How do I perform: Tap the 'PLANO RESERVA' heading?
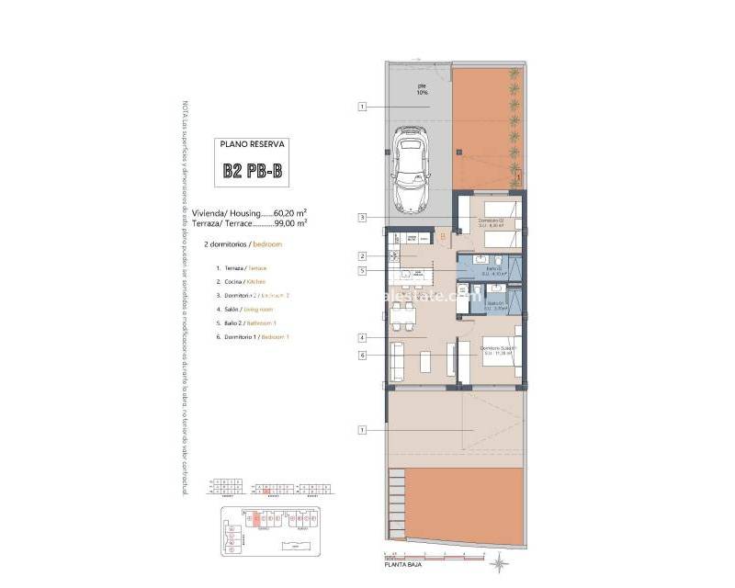pyautogui.click(x=254, y=144)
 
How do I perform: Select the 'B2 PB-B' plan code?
pyautogui.click(x=254, y=171)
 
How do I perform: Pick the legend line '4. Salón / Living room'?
pyautogui.click(x=238, y=309)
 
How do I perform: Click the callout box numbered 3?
pyautogui.click(x=363, y=218)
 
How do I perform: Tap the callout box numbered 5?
pyautogui.click(x=363, y=271)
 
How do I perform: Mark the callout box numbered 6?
pyautogui.click(x=363, y=355)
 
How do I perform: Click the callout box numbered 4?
pyautogui.click(x=363, y=338)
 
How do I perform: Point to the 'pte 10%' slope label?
pyautogui.click(x=423, y=90)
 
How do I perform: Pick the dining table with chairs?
pyautogui.click(x=401, y=318)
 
